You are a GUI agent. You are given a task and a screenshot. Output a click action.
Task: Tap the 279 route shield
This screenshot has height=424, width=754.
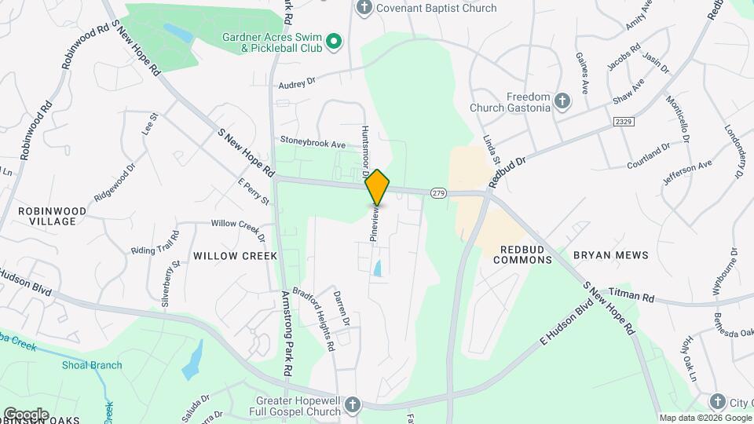point(438,193)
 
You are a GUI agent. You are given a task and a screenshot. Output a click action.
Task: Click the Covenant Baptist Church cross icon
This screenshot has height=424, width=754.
point(363,8)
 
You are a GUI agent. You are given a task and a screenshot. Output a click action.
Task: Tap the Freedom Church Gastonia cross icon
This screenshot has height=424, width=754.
point(562,101)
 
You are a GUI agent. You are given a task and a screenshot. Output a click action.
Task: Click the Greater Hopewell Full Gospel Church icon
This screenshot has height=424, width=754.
point(353,405)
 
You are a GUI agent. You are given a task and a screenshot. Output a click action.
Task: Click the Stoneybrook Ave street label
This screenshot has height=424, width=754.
point(313,143)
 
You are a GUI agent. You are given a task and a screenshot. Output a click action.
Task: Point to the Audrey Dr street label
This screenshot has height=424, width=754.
point(296,82)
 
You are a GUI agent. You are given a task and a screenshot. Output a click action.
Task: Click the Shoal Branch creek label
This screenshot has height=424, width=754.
point(93,364)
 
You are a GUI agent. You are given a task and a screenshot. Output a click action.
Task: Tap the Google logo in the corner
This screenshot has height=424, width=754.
point(26,415)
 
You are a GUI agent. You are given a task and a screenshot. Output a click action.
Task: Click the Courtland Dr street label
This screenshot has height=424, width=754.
point(649,155)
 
